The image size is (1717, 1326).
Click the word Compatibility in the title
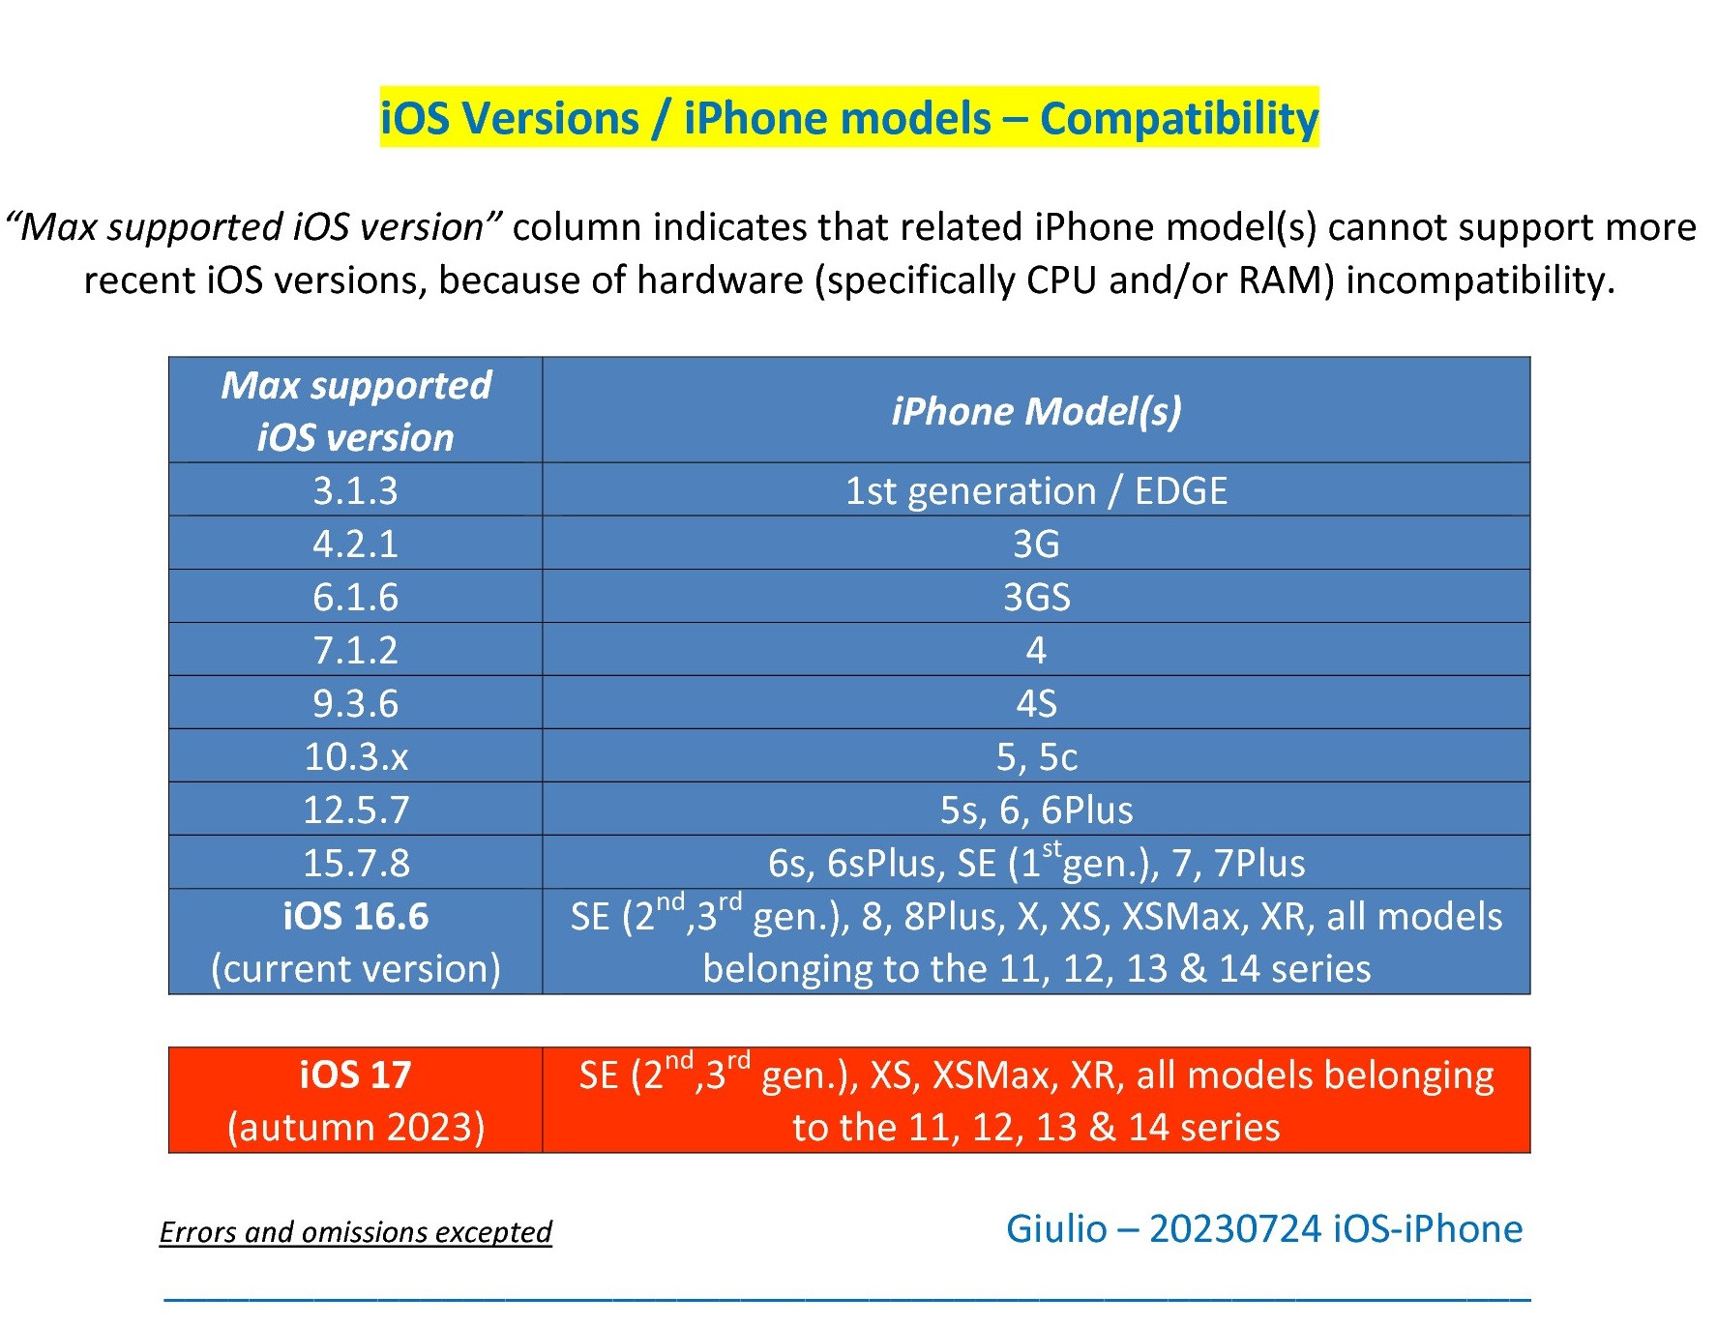[1179, 119]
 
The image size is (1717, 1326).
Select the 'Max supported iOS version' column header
[356, 411]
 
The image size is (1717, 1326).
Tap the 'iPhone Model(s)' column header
[1036, 411]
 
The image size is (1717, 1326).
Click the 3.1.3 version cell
[356, 490]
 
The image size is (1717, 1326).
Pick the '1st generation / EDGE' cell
[1036, 490]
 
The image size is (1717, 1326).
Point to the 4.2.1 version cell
[356, 544]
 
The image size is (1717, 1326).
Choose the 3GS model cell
[1036, 597]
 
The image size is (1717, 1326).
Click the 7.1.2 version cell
[356, 650]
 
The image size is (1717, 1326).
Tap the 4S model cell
[1036, 703]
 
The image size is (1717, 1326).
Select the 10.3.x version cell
[356, 756]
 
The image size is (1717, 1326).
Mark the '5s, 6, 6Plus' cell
[1036, 810]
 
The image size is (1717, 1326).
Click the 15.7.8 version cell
[356, 863]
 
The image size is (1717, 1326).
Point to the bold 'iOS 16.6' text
[356, 916]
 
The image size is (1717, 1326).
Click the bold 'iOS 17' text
[356, 1075]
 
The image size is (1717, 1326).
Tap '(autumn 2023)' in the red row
[356, 1128]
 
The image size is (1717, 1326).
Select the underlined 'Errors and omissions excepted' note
[355, 1232]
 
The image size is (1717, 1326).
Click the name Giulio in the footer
[1056, 1229]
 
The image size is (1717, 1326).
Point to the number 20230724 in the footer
[1234, 1229]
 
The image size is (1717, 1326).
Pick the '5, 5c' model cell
[1036, 756]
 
